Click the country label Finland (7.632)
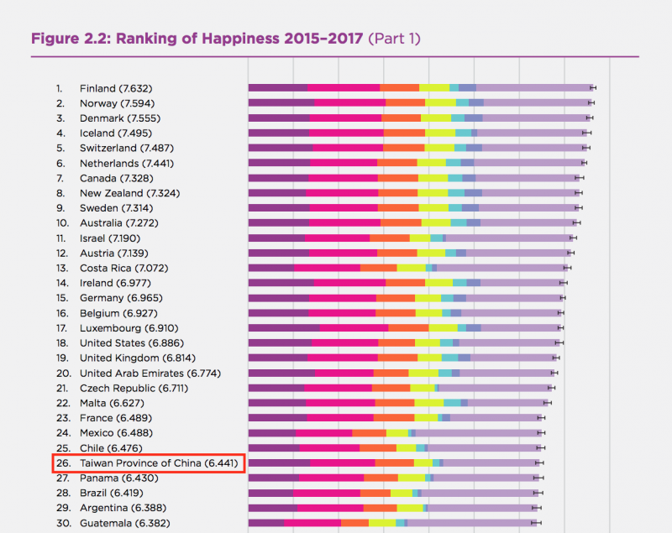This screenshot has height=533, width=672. click(116, 88)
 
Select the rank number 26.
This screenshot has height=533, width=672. click(61, 463)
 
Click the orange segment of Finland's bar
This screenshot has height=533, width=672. click(400, 87)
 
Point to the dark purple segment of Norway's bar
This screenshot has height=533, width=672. click(281, 102)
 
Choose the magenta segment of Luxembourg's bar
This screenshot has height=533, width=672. click(354, 327)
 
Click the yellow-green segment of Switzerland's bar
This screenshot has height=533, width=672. click(439, 148)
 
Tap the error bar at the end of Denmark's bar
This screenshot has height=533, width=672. click(590, 118)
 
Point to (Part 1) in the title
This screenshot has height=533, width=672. click(394, 39)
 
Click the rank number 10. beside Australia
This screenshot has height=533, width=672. click(61, 223)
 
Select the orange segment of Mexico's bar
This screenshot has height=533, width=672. click(369, 433)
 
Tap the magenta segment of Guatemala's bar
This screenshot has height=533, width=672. click(312, 523)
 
